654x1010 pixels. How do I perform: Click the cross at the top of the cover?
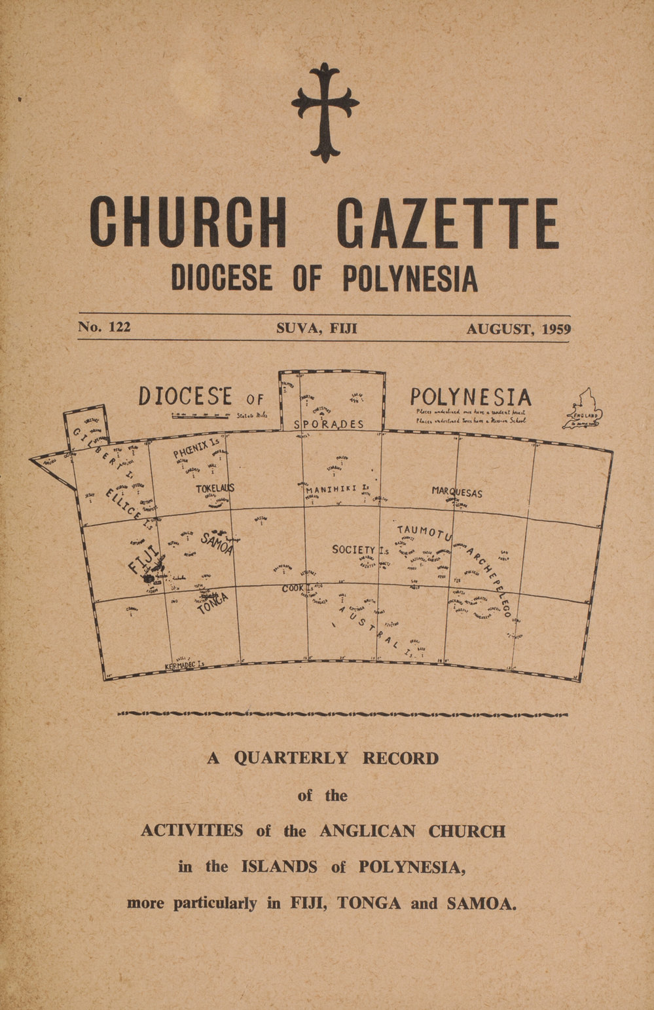[x=325, y=111]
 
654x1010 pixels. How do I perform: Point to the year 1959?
[x=553, y=328]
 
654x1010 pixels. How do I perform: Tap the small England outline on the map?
[x=583, y=412]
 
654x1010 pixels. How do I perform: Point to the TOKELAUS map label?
[x=215, y=489]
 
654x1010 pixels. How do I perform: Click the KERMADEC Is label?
[x=185, y=665]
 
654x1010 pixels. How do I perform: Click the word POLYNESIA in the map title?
[x=471, y=397]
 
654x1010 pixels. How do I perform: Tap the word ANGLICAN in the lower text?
[x=367, y=831]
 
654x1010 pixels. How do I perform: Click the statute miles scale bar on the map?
[x=200, y=415]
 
